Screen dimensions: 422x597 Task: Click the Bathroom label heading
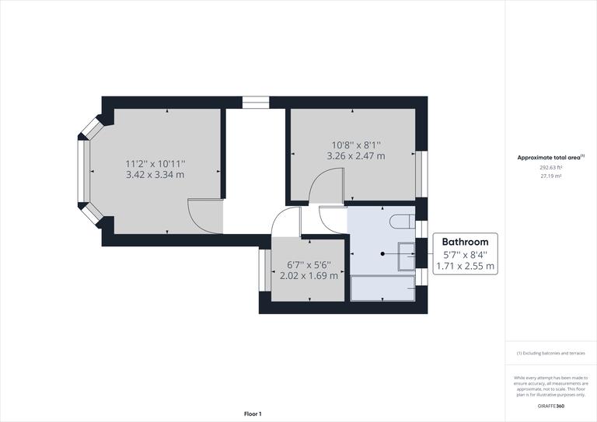point(466,242)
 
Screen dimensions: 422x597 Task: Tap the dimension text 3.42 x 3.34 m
point(155,175)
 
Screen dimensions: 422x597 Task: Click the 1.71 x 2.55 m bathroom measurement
point(469,266)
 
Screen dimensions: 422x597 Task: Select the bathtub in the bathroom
point(383,288)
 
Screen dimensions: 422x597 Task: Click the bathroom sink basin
point(406,256)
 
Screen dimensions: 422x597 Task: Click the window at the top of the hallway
point(255,101)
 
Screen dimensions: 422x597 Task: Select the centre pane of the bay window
point(82,172)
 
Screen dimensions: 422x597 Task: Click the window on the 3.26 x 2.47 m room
point(422,173)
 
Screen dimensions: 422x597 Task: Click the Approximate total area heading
point(550,157)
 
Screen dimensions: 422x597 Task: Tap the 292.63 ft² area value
point(550,167)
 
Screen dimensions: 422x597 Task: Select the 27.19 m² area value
point(550,176)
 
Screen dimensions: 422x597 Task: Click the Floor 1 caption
point(253,414)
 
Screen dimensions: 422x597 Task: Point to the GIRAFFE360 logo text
point(550,406)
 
